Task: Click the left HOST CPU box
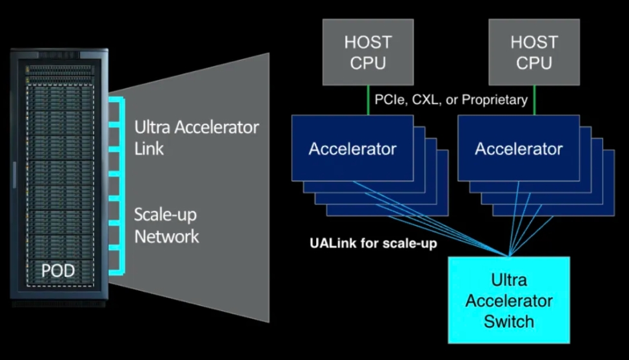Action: pyautogui.click(x=368, y=52)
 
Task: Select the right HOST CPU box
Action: pyautogui.click(x=534, y=52)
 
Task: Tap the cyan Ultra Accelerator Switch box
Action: pyautogui.click(x=508, y=300)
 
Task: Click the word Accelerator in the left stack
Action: pyautogui.click(x=353, y=149)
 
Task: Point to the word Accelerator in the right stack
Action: pyautogui.click(x=519, y=149)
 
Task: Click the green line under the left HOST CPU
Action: pyautogui.click(x=368, y=101)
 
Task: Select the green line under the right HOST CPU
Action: pyautogui.click(x=534, y=101)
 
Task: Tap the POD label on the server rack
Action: pyautogui.click(x=58, y=271)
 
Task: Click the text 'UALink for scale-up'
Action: pyautogui.click(x=374, y=243)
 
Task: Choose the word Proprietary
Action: pyautogui.click(x=495, y=100)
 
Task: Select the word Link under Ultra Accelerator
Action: pyautogui.click(x=149, y=149)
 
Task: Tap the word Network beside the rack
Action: pyautogui.click(x=166, y=236)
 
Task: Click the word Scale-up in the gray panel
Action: pyautogui.click(x=165, y=215)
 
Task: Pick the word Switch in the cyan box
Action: pyautogui.click(x=508, y=322)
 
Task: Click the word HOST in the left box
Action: pyautogui.click(x=368, y=42)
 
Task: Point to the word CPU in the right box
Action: pyautogui.click(x=534, y=63)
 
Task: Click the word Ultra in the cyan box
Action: pyautogui.click(x=508, y=280)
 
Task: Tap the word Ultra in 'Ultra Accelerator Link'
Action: pyautogui.click(x=152, y=127)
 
